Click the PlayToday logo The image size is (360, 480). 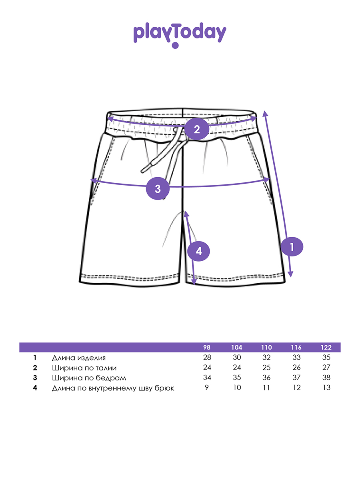coord(180,35)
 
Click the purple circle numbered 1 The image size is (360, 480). coord(292,247)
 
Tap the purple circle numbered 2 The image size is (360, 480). coord(197,129)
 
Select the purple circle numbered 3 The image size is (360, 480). coord(158,188)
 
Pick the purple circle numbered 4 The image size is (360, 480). coord(198,251)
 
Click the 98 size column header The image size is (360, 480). coord(207,348)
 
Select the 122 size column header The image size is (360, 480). coord(326,348)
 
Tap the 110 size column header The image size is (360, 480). coord(266,348)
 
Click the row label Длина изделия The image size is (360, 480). coord(79,358)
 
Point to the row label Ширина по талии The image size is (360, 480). coord(84,368)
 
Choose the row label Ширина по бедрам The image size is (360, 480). coord(89,378)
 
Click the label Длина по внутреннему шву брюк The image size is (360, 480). coord(113,388)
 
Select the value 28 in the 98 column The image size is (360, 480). coord(207,358)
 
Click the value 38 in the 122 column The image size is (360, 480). coord(326,378)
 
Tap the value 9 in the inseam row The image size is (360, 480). coord(207,388)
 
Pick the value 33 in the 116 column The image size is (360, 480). coord(297,358)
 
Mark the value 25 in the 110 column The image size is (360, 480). coord(266,368)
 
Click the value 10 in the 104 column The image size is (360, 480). coord(237,388)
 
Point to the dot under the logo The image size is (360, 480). coord(175,45)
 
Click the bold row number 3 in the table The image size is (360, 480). coord(35,378)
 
